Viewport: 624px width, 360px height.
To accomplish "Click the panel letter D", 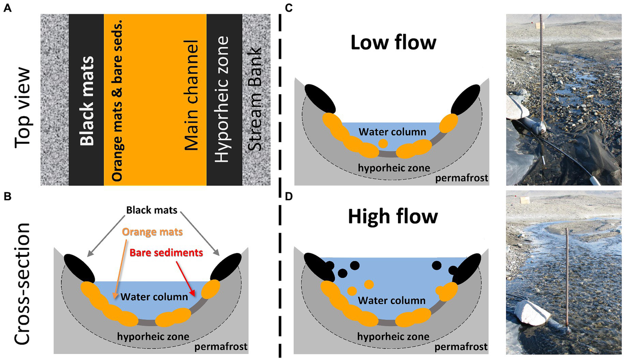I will (x=289, y=197).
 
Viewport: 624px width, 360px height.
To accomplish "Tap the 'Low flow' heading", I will (x=393, y=42).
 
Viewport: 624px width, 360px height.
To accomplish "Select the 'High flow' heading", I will (x=393, y=217).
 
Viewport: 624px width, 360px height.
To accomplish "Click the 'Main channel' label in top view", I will (x=191, y=96).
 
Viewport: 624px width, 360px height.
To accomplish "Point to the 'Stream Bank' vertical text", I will (x=255, y=100).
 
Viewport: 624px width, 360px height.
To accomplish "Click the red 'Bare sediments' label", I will (x=166, y=253).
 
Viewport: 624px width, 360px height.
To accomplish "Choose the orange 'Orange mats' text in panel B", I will (x=152, y=232).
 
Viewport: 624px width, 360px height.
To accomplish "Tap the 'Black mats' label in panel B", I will (x=152, y=210).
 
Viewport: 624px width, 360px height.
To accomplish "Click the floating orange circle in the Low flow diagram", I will (x=383, y=143).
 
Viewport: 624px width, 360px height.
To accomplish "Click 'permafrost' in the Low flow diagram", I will (x=461, y=178).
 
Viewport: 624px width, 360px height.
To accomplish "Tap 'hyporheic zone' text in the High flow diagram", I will (x=393, y=336).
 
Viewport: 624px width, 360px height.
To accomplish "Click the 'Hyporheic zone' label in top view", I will (x=222, y=100).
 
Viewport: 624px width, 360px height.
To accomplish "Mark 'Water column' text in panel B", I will (x=154, y=297).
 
